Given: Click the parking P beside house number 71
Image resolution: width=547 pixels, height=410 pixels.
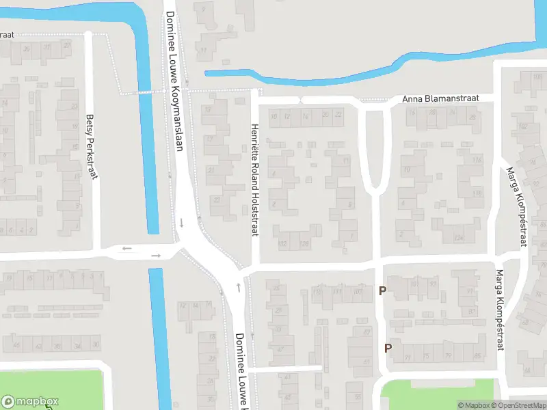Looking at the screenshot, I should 388,347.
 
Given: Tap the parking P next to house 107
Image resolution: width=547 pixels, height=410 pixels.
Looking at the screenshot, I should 382,291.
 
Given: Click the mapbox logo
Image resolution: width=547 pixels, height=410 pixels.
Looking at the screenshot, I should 30,402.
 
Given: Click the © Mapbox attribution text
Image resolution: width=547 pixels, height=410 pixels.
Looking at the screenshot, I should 474,405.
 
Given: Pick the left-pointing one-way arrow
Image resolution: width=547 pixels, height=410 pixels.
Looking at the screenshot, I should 126,248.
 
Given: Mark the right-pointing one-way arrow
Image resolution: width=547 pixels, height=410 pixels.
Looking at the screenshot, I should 156,256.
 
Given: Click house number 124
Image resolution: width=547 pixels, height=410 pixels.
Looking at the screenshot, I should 459,238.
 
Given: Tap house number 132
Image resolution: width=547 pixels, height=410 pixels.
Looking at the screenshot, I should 282,244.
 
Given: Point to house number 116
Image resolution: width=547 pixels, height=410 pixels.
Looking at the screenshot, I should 477,160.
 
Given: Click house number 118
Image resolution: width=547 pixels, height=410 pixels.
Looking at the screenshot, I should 477,194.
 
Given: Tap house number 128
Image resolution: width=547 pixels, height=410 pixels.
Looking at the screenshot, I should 304,244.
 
